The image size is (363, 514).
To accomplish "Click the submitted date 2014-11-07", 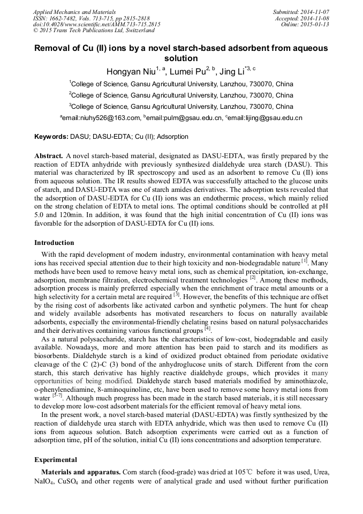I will click(x=313, y=12).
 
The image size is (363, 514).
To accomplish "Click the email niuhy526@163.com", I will click(x=102, y=118).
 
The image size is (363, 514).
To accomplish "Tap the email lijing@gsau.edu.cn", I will click(x=273, y=118).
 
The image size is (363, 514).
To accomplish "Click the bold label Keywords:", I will click(x=51, y=137).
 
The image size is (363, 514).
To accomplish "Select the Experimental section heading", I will click(x=56, y=459).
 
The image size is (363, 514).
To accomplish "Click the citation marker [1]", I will click(x=304, y=261).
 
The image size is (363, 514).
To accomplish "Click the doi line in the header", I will click(x=96, y=25).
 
